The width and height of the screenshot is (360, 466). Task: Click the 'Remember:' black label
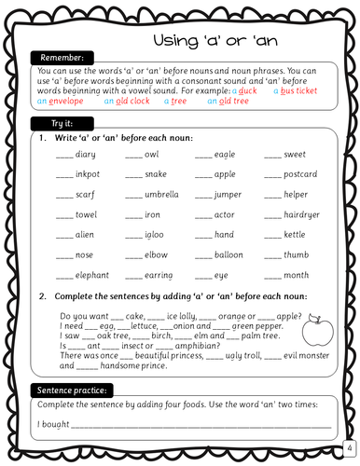(62, 57)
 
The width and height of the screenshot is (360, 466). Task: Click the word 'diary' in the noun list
(86, 154)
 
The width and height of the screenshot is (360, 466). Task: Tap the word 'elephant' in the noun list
(92, 275)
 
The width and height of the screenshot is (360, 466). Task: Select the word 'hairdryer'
(304, 214)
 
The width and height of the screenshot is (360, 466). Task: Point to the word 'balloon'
(228, 254)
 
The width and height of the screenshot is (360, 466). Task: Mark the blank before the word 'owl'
(133, 156)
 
